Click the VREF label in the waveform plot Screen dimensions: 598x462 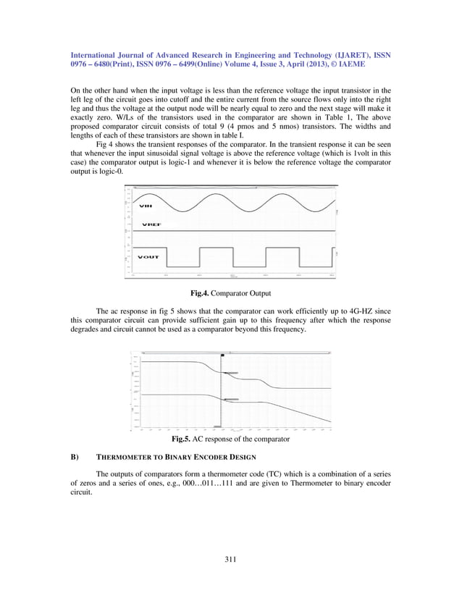(x=151, y=224)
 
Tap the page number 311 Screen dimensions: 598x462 (x=230, y=558)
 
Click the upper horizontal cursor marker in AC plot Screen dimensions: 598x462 (x=230, y=373)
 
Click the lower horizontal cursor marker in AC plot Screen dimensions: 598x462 (x=230, y=400)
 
